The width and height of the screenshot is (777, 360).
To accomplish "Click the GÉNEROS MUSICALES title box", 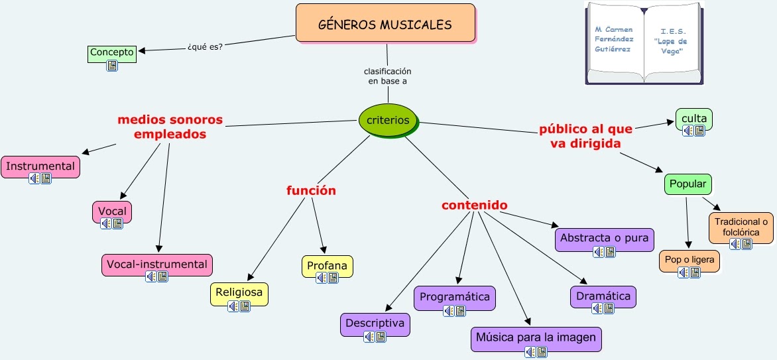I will [x=385, y=24].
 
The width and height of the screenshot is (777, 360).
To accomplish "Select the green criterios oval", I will [x=388, y=121].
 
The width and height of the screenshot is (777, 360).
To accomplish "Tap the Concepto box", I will [x=111, y=52].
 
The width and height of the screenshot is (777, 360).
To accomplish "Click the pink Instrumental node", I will [x=40, y=166].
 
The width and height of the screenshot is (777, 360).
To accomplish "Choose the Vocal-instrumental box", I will [x=157, y=264].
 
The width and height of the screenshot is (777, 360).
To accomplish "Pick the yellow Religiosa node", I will [x=239, y=292].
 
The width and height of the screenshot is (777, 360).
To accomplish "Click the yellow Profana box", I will [x=327, y=266].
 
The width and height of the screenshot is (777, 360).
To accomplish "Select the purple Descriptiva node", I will [x=375, y=324].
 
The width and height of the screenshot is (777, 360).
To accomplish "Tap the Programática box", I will [x=455, y=296].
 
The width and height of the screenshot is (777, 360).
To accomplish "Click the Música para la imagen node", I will [x=536, y=337].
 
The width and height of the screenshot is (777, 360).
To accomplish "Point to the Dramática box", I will [x=603, y=296].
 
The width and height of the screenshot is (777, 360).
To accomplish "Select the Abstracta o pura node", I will [x=604, y=238].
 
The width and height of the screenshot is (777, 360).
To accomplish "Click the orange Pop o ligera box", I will [x=689, y=260].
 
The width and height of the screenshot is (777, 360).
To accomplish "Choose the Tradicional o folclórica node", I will [x=741, y=227].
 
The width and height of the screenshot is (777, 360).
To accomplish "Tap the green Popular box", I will [x=687, y=184].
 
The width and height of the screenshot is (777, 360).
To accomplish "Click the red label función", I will [x=311, y=191].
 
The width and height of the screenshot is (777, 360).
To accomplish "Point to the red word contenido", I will [x=475, y=206].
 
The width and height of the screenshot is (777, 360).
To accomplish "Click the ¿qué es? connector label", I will [x=204, y=46].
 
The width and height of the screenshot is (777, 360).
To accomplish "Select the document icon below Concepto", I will [x=112, y=66].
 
